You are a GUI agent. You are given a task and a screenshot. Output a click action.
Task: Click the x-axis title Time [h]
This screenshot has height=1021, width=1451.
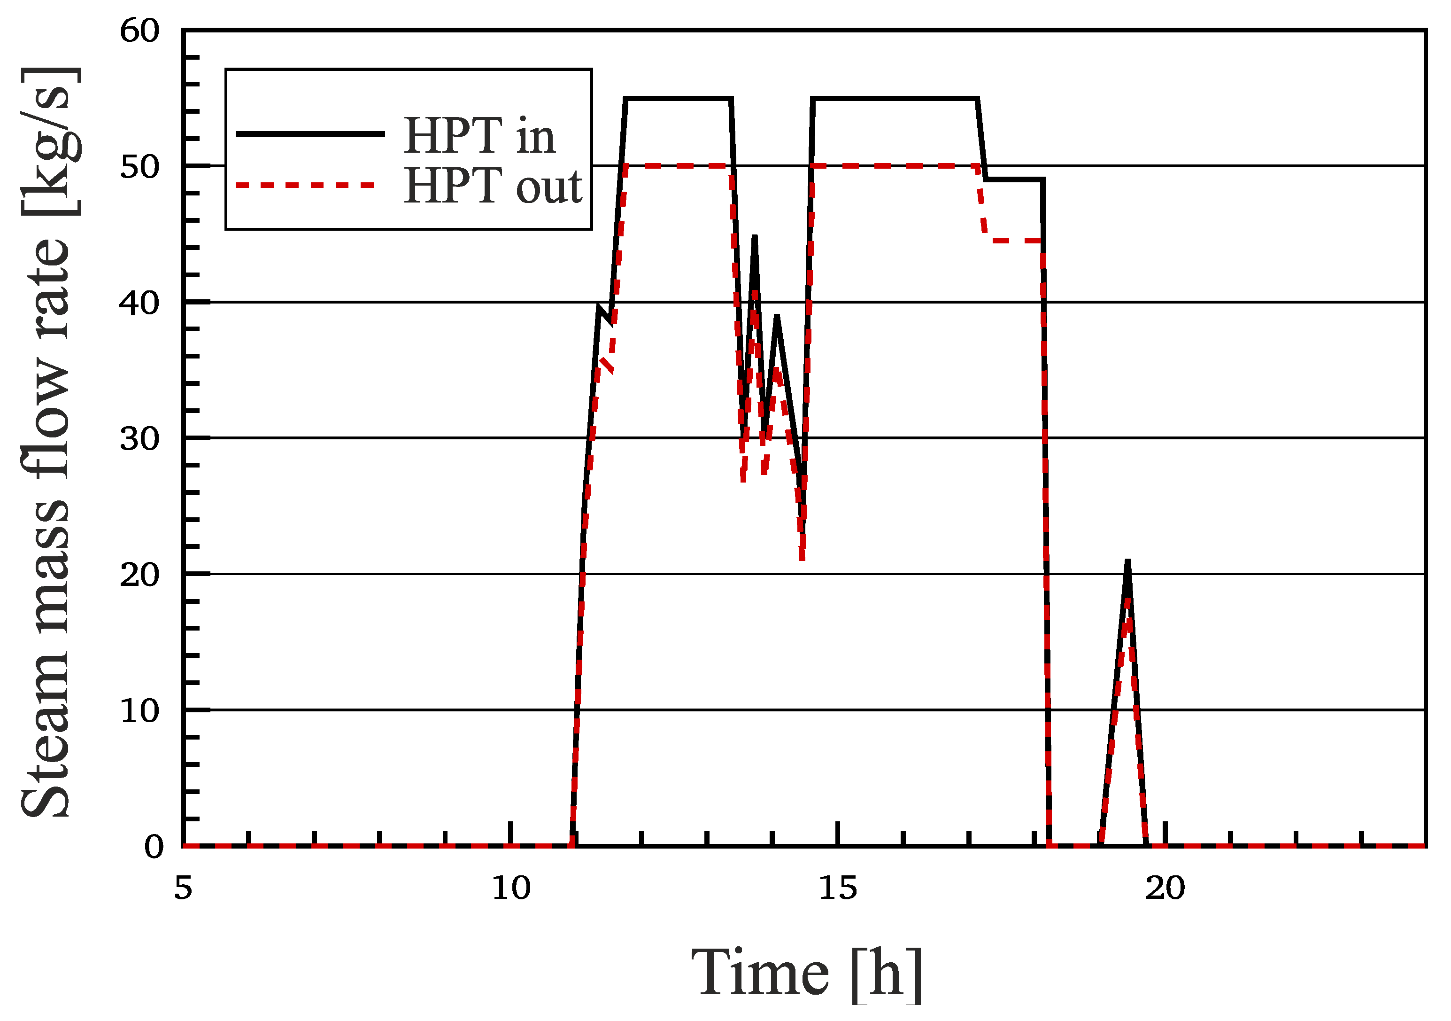click(x=807, y=974)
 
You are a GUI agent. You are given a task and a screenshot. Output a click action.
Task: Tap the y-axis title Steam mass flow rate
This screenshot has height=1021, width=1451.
click(x=47, y=443)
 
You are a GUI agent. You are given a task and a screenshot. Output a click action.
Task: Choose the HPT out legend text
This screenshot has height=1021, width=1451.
click(x=493, y=186)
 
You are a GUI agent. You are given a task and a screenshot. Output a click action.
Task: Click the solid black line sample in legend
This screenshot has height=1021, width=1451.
click(x=309, y=134)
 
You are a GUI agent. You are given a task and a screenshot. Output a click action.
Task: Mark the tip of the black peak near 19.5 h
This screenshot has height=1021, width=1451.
click(x=1127, y=561)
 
